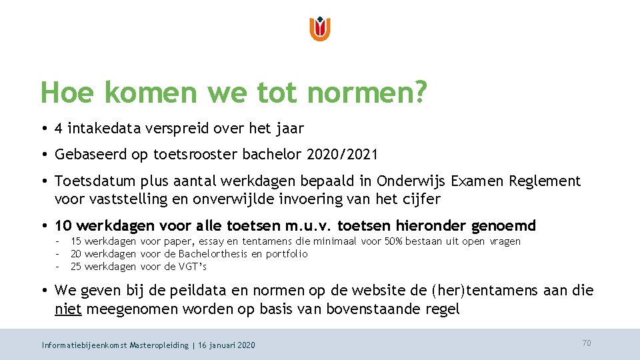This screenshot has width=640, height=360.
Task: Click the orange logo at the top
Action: (x=320, y=29)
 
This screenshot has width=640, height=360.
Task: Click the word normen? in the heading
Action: (x=367, y=93)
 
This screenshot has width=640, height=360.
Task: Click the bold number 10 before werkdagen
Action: (x=64, y=225)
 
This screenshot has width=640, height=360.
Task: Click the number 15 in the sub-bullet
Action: (x=76, y=241)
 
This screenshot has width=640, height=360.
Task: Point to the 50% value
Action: (x=395, y=241)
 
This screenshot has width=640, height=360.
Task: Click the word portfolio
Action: (x=287, y=254)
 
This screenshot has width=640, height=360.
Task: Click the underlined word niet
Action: (x=67, y=309)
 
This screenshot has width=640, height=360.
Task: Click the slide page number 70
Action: (x=587, y=343)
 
